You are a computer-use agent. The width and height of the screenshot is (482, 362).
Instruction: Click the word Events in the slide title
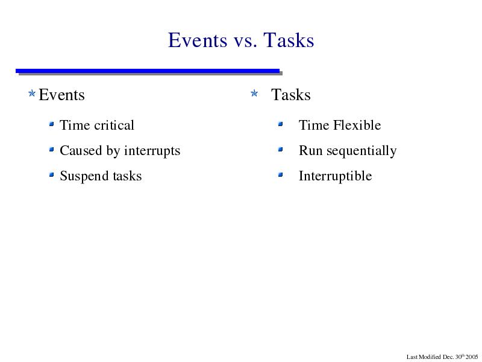point(198,40)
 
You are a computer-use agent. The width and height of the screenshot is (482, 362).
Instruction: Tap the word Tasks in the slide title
point(289,40)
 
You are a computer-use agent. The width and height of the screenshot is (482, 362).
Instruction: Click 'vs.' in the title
point(245,42)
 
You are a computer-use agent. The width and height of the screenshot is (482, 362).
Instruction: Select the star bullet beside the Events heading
point(32,93)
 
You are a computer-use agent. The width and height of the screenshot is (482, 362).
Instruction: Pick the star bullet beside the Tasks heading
point(254,93)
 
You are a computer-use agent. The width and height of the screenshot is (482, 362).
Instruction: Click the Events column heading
point(62,95)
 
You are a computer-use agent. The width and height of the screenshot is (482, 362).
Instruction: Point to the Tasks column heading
point(291,95)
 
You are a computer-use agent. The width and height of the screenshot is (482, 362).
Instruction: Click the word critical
point(114,125)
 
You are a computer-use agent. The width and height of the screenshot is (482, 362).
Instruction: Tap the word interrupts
point(152,151)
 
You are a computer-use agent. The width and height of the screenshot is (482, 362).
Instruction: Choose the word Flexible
point(357,125)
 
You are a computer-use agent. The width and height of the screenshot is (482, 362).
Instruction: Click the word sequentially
point(361,151)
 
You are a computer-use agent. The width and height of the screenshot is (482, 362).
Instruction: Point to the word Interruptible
point(336,176)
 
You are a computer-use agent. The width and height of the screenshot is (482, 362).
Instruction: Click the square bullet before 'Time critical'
point(52,124)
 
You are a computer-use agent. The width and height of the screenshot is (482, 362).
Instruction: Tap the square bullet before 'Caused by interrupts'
point(52,150)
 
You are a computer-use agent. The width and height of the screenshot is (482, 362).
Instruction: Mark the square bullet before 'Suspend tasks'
point(52,175)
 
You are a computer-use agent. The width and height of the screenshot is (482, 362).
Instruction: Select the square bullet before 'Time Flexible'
point(280,124)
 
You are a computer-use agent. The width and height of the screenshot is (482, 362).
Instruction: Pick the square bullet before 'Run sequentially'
point(280,150)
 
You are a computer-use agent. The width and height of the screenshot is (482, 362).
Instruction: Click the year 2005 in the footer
point(472,357)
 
